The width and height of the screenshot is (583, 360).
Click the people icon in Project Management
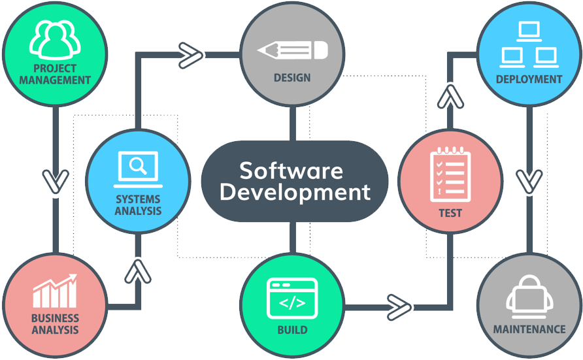55,40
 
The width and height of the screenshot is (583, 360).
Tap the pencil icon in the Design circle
293,50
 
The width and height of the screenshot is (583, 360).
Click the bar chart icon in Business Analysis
55,291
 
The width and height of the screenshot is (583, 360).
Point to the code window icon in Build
292,298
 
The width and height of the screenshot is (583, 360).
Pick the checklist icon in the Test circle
450,174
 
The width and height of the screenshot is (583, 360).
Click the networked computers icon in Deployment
529,44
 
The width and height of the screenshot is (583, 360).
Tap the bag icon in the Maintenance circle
529,297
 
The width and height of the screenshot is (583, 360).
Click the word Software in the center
291,171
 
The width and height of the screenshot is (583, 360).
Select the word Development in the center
295,192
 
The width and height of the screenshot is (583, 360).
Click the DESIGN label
292,78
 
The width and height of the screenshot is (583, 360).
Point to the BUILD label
293,330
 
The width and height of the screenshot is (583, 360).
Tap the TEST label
450,213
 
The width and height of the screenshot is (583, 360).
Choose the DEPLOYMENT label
529,79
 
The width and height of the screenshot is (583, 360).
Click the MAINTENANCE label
529,329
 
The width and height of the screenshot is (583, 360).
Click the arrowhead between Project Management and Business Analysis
56,182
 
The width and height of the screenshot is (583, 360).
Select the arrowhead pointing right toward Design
191,56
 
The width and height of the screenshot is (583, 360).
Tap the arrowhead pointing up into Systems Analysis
138,272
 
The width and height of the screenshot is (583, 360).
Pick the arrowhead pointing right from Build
399,307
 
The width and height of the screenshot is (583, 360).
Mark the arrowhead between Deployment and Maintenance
529,182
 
